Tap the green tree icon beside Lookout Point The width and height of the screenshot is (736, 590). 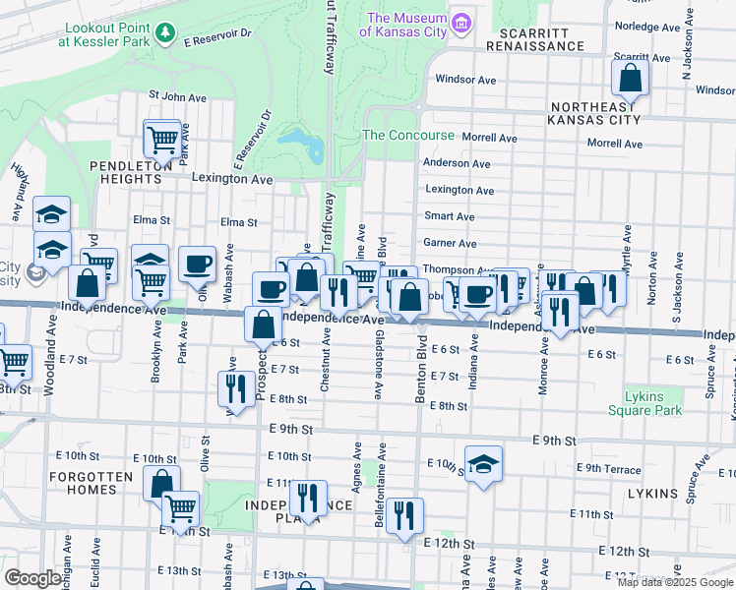pos(168,34)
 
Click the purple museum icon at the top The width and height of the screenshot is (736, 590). pos(460,21)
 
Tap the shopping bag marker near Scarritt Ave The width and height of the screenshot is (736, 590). pos(630,78)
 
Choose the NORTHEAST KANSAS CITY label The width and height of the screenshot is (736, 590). pos(596,112)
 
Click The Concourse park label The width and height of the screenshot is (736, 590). pos(408,135)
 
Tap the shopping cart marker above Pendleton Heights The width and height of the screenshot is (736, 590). pos(161,137)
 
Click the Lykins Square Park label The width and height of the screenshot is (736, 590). pos(652,403)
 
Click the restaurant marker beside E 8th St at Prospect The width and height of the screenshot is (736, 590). pos(235,386)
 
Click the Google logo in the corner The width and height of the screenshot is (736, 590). pos(32,578)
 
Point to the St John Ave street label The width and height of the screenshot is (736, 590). pos(177,97)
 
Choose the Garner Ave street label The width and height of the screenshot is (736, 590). pos(450,243)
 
